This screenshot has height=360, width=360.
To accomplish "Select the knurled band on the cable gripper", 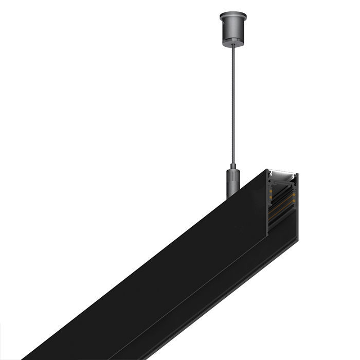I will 232,175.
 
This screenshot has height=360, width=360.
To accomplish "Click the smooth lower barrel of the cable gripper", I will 232,188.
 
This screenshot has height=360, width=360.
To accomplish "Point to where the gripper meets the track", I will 231,197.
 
